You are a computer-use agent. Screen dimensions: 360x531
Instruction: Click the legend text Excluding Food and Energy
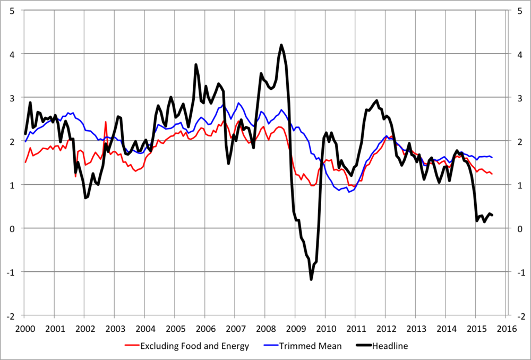[194, 346]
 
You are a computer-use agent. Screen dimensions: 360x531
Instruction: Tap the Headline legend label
[390, 346]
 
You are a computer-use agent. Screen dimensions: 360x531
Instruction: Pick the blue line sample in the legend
[271, 346]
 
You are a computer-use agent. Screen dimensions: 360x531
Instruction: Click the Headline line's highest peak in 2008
[281, 45]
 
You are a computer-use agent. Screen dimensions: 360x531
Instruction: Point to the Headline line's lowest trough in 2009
[311, 279]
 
